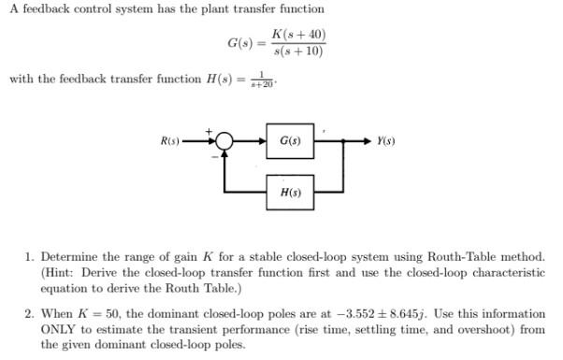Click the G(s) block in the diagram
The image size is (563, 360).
pyautogui.click(x=289, y=141)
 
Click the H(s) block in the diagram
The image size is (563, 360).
pyautogui.click(x=289, y=192)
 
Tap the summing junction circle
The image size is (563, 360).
pyautogui.click(x=224, y=141)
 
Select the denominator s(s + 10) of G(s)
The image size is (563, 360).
pyautogui.click(x=296, y=50)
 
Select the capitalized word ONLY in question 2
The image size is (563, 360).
pyautogui.click(x=58, y=330)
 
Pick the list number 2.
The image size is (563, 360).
pyautogui.click(x=29, y=315)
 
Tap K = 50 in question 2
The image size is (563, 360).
pyautogui.click(x=97, y=315)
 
